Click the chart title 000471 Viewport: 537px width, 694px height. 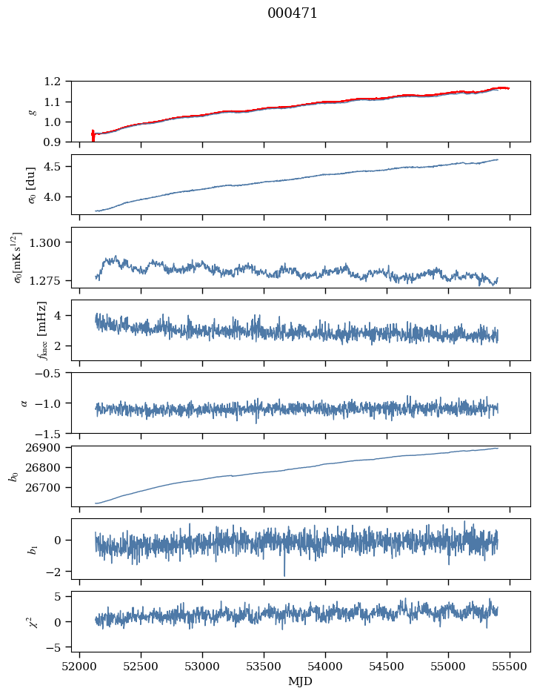[x=293, y=13]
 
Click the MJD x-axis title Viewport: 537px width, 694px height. [x=301, y=681]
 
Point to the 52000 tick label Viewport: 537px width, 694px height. [x=80, y=667]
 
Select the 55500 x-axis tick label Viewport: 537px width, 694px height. [x=510, y=667]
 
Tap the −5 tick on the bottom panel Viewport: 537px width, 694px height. [x=56, y=647]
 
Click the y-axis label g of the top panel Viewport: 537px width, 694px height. [x=31, y=111]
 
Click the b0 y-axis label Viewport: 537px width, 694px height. [x=13, y=475]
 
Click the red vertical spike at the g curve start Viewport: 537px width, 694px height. [x=93, y=136]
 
